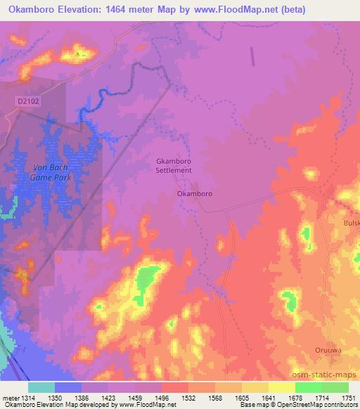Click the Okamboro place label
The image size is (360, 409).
point(194,193)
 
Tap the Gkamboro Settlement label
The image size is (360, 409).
point(174,165)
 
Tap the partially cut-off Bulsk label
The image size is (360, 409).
point(352,223)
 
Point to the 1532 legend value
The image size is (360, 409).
point(188,397)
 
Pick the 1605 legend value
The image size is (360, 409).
point(242,397)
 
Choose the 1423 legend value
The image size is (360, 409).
point(108,397)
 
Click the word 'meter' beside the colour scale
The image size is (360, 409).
point(10,397)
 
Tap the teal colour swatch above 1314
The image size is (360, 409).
point(41,387)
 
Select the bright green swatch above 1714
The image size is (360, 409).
point(308,387)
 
